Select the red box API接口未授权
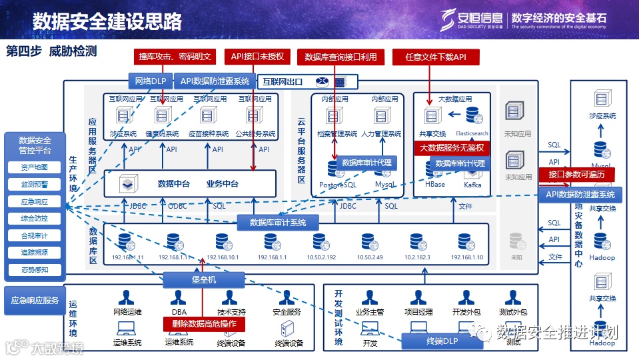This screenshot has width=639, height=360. point(257,57)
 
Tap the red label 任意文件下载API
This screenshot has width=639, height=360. point(436,57)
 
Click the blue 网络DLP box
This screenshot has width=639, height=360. point(150,81)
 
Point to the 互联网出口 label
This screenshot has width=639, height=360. point(282,82)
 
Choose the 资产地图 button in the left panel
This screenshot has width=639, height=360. point(35,167)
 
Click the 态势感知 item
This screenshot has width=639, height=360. point(35,270)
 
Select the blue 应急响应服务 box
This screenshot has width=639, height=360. point(35,301)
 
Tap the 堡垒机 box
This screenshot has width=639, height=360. point(203,280)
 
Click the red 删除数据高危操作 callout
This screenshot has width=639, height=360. point(205,324)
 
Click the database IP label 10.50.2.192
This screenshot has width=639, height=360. point(321,257)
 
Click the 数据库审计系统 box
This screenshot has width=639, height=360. point(278,222)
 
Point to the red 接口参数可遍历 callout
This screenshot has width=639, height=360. point(576,175)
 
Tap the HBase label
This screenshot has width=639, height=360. point(434,185)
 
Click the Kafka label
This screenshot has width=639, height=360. point(472,185)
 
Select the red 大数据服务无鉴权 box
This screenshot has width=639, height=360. point(452,148)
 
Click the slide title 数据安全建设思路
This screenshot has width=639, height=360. point(107,21)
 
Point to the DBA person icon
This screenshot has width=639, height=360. point(178,298)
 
